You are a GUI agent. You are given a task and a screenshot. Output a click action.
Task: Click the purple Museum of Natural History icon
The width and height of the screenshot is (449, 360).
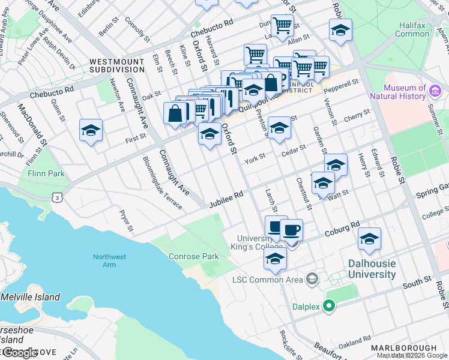click(436, 92)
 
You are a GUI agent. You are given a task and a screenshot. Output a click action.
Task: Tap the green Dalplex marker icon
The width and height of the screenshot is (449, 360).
click(328, 306)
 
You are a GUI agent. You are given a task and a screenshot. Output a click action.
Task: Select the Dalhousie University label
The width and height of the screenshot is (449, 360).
click(372, 269)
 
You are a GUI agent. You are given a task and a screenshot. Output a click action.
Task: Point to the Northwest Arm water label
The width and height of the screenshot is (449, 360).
click(109, 261)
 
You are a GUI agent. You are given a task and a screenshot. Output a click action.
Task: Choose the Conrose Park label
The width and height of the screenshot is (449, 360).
click(194, 256)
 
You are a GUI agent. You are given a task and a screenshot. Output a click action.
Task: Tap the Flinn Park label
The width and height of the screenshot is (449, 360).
click(46, 173)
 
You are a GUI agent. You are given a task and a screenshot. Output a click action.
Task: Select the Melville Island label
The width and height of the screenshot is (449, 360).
click(30, 297)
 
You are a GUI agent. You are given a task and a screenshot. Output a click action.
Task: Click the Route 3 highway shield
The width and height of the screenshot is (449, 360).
click(56, 196)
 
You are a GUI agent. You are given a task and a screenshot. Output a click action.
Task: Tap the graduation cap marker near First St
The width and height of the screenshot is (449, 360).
click(91, 130)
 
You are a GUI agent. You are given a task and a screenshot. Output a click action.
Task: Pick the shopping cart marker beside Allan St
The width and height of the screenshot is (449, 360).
click(282, 26)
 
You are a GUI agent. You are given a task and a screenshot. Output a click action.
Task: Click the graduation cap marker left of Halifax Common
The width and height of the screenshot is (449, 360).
click(340, 29)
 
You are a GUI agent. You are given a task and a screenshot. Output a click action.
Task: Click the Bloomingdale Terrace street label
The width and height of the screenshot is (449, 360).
click(162, 183)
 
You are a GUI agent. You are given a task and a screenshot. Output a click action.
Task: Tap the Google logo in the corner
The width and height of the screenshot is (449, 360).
click(20, 353)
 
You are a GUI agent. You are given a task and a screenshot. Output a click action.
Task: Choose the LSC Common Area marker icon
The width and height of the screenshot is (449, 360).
click(312, 279)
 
